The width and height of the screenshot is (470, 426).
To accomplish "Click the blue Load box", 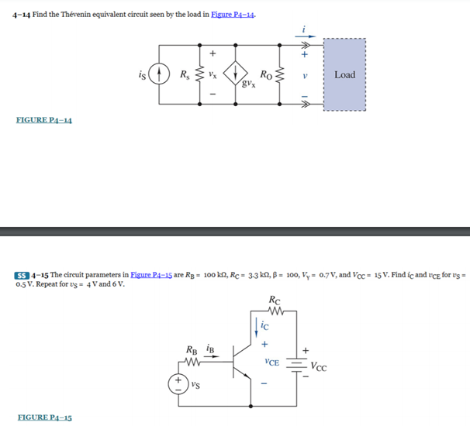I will pos(344,76).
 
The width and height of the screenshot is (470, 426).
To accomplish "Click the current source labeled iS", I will pos(159,75).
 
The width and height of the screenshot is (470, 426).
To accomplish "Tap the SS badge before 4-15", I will pos(21,275).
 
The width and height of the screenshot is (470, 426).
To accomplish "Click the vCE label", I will pos(271,362).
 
